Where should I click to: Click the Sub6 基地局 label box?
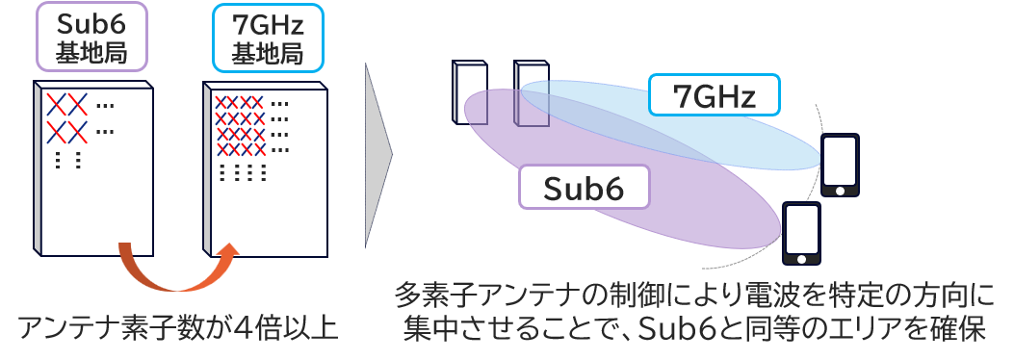pyautogui.click(x=92, y=37)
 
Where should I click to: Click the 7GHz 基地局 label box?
pyautogui.click(x=268, y=38)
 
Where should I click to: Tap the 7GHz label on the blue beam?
pyautogui.click(x=715, y=95)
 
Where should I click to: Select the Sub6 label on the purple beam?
pyautogui.click(x=584, y=187)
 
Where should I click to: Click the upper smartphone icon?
pyautogui.click(x=840, y=165)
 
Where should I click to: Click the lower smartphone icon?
pyautogui.click(x=802, y=233)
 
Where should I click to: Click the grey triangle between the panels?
pyautogui.click(x=378, y=155)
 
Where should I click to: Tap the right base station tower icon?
pyautogui.click(x=531, y=92)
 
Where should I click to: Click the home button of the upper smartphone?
pyautogui.click(x=840, y=191)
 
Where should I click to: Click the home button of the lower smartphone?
pyautogui.click(x=802, y=259)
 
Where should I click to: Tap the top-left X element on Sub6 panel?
pyautogui.click(x=56, y=103)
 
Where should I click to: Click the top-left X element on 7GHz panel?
pyautogui.click(x=221, y=102)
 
